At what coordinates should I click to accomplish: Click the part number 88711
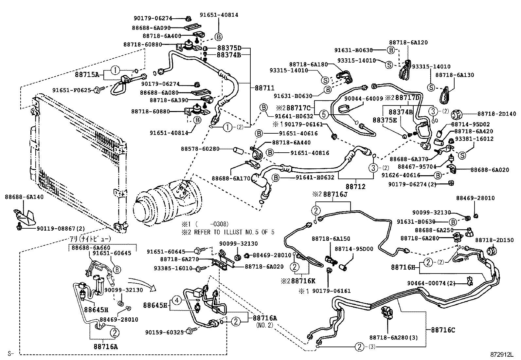tap(264, 88)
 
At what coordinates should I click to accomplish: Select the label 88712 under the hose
tap(355, 187)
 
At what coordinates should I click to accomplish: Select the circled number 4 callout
tap(176, 300)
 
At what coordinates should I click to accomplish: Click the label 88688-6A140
tap(24, 197)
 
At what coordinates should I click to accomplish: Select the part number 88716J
tap(335, 194)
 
